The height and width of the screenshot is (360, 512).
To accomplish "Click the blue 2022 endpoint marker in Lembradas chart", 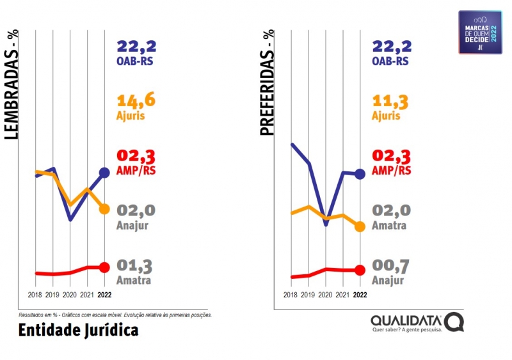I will (104, 173).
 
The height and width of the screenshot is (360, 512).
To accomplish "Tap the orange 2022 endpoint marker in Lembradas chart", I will (104, 209).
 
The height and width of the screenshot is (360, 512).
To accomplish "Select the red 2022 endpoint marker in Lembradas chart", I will (104, 267).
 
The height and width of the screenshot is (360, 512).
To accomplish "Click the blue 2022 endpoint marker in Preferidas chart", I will (360, 173).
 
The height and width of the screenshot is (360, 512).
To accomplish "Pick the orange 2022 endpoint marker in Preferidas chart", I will (360, 226).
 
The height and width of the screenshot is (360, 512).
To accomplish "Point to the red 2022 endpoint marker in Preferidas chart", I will (360, 270).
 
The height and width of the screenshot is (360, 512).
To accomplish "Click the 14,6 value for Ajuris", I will (136, 100).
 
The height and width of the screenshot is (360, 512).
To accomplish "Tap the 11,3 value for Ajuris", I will (391, 100).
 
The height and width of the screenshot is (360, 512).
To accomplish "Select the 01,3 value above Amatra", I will (136, 266).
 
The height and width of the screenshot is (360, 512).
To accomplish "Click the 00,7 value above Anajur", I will (391, 266).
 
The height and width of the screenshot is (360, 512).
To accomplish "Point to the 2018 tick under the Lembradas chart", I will (36, 295).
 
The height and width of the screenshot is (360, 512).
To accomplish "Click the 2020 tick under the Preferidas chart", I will (325, 295).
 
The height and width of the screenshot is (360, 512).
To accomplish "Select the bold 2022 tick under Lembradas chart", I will (105, 295).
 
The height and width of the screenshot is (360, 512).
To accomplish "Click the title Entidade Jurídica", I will (78, 330).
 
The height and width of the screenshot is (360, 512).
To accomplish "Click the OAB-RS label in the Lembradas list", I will (136, 61).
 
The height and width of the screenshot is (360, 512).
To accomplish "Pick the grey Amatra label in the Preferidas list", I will (389, 226).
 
